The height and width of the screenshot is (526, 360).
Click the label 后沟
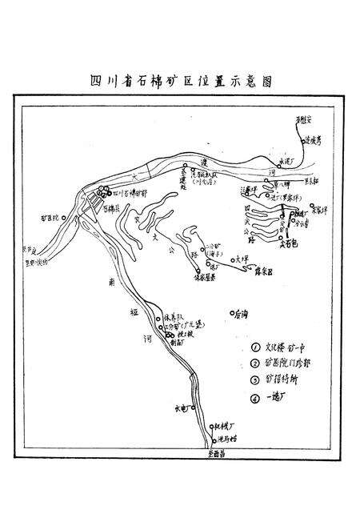(x=240, y=314)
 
